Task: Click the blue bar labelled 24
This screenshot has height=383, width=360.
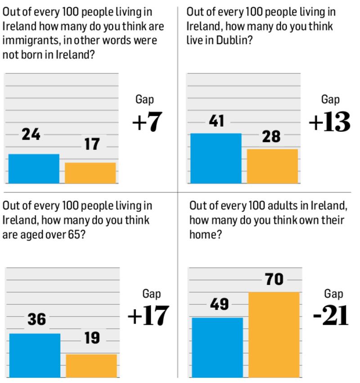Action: [34, 169]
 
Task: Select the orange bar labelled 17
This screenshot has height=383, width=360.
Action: [90, 173]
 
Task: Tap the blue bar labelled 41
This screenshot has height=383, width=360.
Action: [216, 158]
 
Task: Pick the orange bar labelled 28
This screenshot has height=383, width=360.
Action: [272, 166]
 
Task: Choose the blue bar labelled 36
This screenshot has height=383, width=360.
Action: [35, 355]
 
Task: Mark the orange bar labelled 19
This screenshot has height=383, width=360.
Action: [91, 365]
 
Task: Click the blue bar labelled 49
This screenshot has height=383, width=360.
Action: [217, 347]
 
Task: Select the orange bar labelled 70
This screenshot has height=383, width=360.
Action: [274, 334]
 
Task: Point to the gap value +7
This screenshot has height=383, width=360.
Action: [147, 122]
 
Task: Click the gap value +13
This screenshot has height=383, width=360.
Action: [329, 122]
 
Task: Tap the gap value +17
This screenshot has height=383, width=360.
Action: [148, 316]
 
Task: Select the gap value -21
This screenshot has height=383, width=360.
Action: [331, 316]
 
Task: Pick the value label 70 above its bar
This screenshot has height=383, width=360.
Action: [274, 279]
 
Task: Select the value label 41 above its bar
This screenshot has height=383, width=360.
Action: [216, 121]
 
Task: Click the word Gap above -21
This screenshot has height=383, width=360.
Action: [333, 294]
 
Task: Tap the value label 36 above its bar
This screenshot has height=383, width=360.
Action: [36, 319]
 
